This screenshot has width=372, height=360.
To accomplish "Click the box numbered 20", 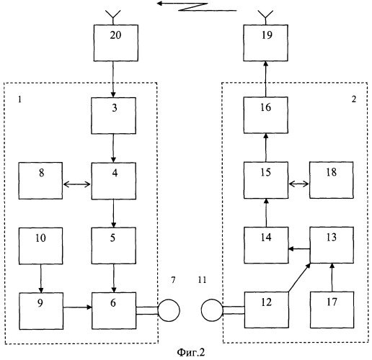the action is pyautogui.click(x=115, y=42).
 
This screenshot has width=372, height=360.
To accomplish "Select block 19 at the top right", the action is pyautogui.click(x=265, y=42).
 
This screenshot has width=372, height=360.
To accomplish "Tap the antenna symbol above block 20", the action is pyautogui.click(x=113, y=17).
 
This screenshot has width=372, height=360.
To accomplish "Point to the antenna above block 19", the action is pyautogui.click(x=265, y=17).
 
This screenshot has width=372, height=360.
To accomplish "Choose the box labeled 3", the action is pyautogui.click(x=113, y=115).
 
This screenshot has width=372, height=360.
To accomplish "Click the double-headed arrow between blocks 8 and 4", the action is pyautogui.click(x=77, y=184).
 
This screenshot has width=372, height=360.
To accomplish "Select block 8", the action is pyautogui.click(x=40, y=181).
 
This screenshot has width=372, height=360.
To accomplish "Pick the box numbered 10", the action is pyautogui.click(x=41, y=246).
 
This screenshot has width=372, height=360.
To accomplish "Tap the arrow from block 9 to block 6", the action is pyautogui.click(x=77, y=307).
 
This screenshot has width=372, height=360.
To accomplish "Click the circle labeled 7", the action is pyautogui.click(x=169, y=310).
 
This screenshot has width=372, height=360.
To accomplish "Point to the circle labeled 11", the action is pyautogui.click(x=212, y=310).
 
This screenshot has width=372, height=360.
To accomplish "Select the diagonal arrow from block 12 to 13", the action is pyautogui.click(x=299, y=277).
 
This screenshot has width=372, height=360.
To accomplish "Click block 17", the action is pyautogui.click(x=332, y=310).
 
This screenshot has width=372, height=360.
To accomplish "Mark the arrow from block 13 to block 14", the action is pyautogui.click(x=299, y=249).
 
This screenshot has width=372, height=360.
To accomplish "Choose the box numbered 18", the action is pyautogui.click(x=332, y=180).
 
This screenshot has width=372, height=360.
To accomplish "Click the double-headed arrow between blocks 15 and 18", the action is pyautogui.click(x=298, y=184).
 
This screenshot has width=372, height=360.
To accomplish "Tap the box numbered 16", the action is pyautogui.click(x=266, y=115).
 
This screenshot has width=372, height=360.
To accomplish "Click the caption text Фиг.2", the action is pyautogui.click(x=191, y=352).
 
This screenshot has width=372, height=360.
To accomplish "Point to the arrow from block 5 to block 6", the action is pyautogui.click(x=114, y=278).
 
